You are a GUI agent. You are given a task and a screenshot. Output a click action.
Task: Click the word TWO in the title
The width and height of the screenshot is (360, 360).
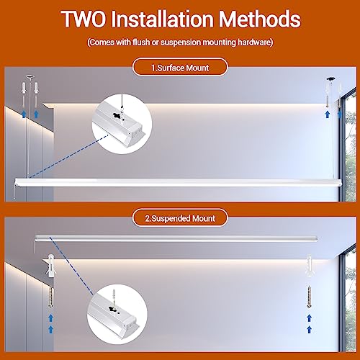point(84,19)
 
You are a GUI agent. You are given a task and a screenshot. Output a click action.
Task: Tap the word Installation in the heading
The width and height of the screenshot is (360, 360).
point(162,19)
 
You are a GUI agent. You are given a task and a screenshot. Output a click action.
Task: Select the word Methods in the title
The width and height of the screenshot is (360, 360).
point(259,19)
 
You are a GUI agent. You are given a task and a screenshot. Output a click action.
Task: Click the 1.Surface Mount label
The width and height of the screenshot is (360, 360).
point(180,68)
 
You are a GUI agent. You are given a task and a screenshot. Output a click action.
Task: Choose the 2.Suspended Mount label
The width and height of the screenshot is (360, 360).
point(180,218)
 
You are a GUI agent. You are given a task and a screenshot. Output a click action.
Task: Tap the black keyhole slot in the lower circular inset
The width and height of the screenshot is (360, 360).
point(112,309)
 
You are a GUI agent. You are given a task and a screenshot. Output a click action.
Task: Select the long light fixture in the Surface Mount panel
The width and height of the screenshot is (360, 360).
point(178,183)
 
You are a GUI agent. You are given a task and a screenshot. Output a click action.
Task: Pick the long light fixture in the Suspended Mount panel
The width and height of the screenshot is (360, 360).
point(176,238)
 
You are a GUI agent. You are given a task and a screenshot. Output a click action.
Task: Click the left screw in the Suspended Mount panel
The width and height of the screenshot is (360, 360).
point(50,297)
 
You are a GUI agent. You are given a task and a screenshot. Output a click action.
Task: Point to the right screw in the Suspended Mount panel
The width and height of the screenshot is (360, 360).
point(309,297)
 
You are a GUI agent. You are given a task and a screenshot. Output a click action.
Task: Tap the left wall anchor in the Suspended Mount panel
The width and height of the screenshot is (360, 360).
point(51,266)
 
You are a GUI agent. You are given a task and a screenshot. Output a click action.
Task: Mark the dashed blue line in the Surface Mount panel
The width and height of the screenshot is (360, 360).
point(69,156)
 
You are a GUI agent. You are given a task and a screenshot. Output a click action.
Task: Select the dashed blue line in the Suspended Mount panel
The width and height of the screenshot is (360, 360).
point(71,266)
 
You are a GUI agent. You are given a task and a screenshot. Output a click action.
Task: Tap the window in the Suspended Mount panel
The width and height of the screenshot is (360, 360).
point(348,298)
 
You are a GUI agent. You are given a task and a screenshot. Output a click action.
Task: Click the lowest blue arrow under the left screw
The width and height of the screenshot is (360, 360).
point(50,329)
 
